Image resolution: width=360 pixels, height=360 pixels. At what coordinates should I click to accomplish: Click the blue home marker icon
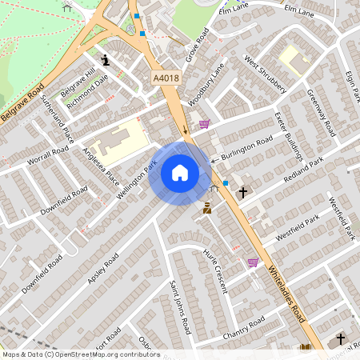point(180,172)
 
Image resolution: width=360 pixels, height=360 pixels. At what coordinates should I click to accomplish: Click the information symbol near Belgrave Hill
point(105,59)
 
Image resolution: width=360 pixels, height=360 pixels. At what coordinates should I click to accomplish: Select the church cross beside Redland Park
point(242,193)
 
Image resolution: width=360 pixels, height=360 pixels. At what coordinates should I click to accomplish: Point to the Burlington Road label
point(247,149)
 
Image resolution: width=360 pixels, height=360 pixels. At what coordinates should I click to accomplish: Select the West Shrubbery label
point(265,75)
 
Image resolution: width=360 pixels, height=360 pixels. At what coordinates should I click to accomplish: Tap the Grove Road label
point(197,45)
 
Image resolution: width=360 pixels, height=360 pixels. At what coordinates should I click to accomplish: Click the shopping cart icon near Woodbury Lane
point(205,124)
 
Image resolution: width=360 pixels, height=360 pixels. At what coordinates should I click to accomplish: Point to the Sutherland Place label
point(57,114)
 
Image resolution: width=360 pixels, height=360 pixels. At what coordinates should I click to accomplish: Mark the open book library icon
point(305,347)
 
